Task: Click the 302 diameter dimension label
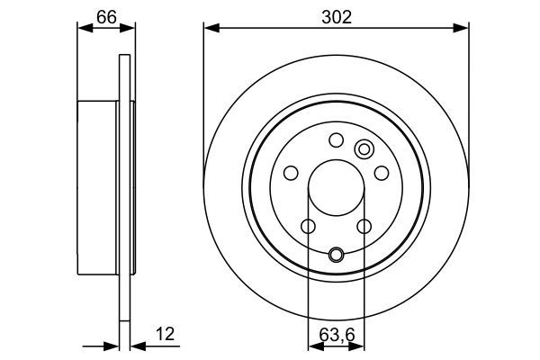pyautogui.click(x=335, y=14)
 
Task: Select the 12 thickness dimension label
pyautogui.click(x=165, y=334)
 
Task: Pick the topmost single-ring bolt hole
pyautogui.click(x=336, y=139)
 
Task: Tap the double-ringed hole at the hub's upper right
pyautogui.click(x=364, y=149)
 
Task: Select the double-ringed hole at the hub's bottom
pyautogui.click(x=336, y=255)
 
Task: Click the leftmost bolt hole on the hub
pyautogui.click(x=291, y=173)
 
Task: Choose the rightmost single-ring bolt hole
pyautogui.click(x=381, y=173)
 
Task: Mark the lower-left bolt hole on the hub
pyautogui.click(x=307, y=226)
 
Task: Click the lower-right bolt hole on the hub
pyautogui.click(x=364, y=226)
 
